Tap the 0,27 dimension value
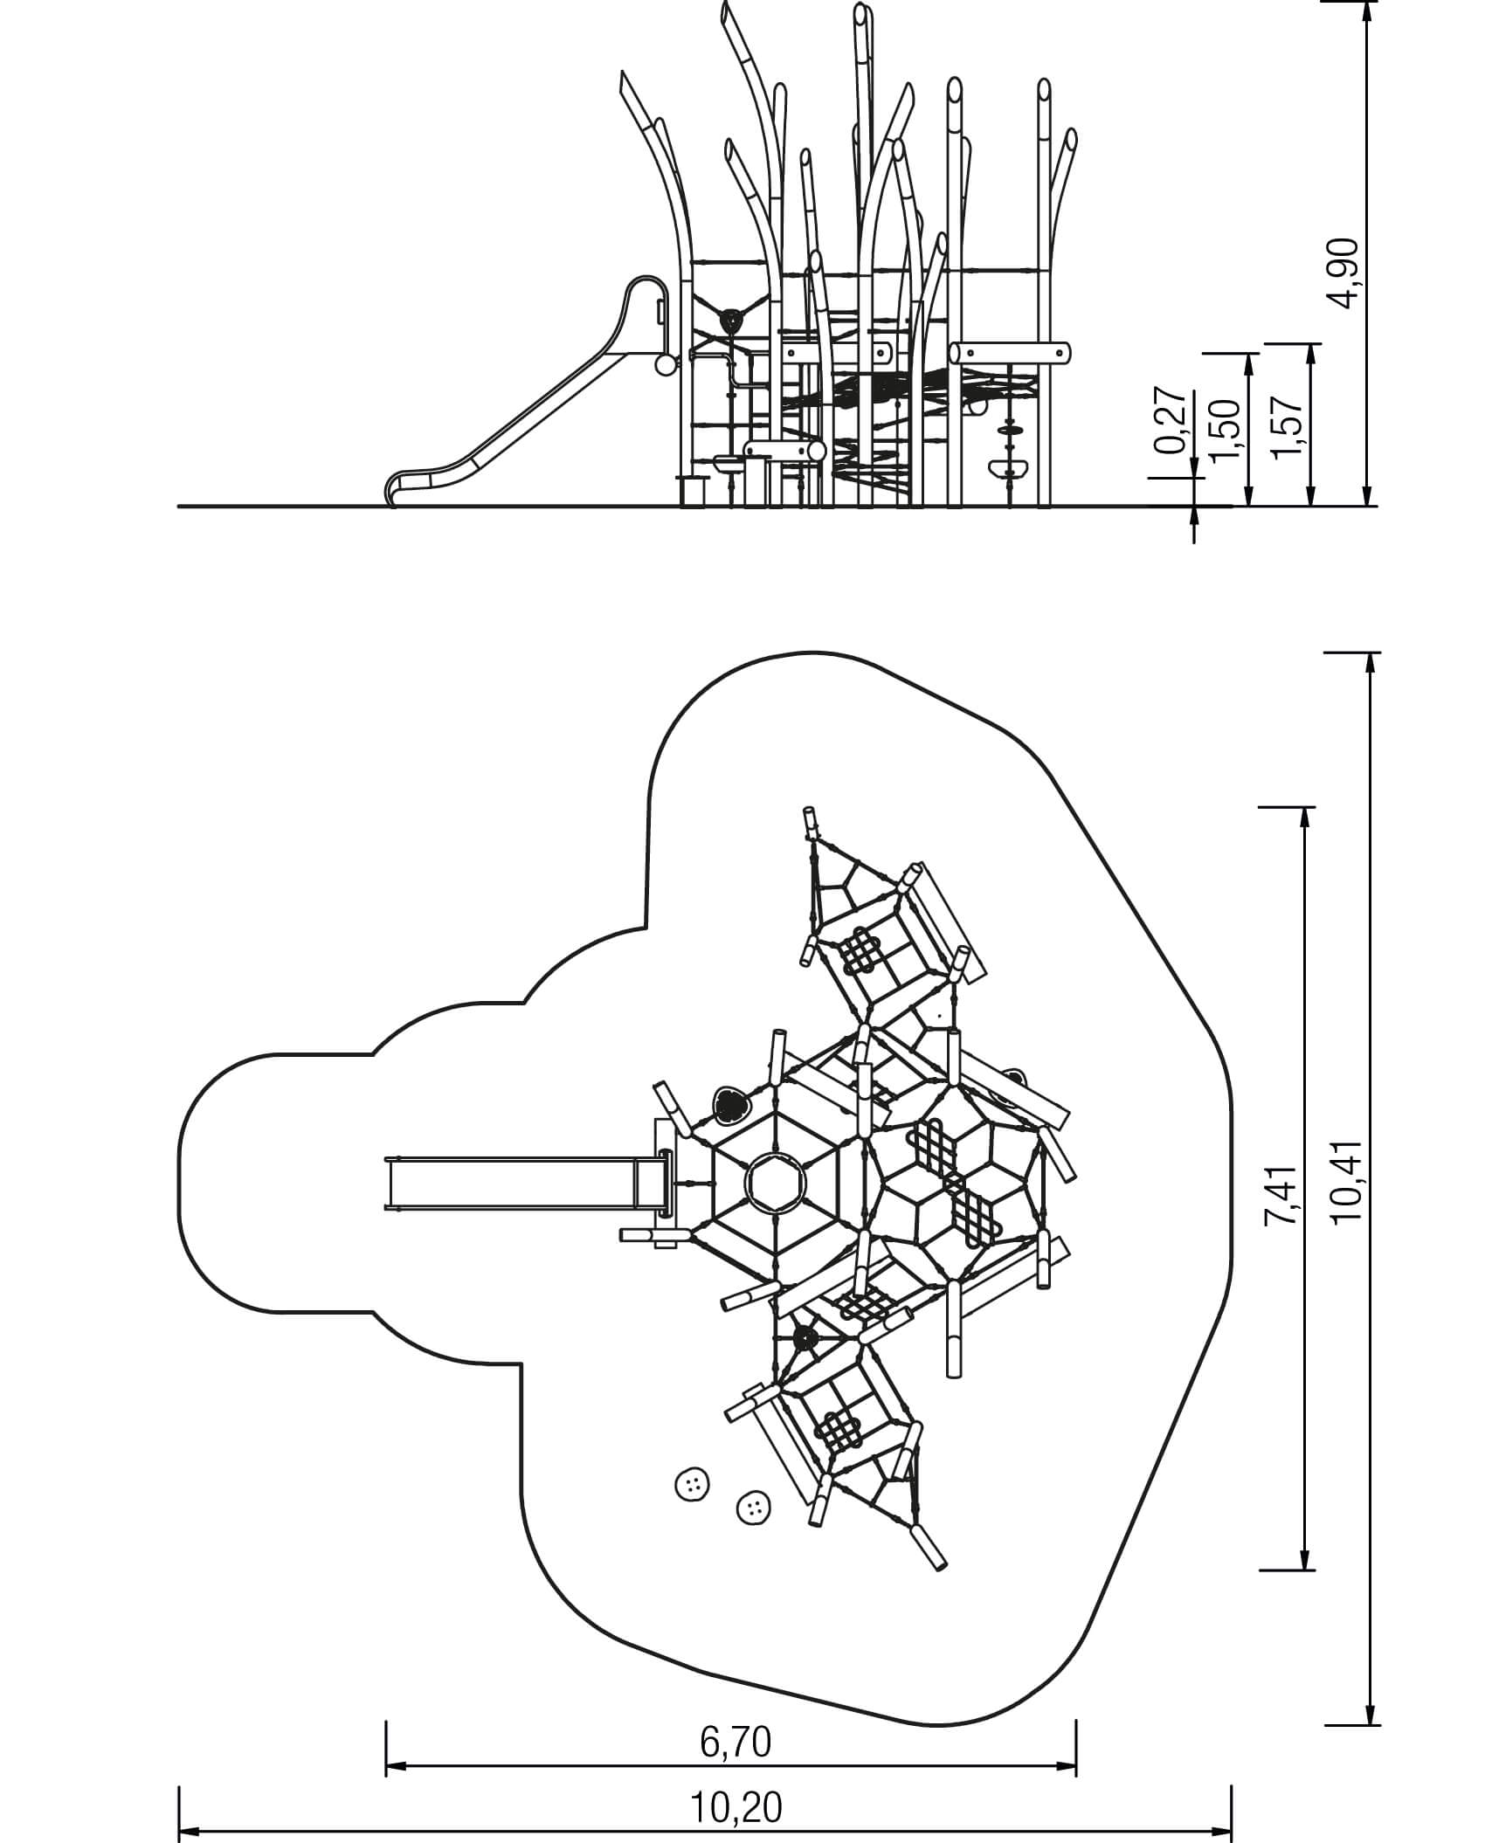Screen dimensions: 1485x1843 click(x=1171, y=421)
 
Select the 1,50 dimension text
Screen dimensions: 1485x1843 click(x=1226, y=428)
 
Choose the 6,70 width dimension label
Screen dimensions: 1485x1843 click(x=736, y=1718)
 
